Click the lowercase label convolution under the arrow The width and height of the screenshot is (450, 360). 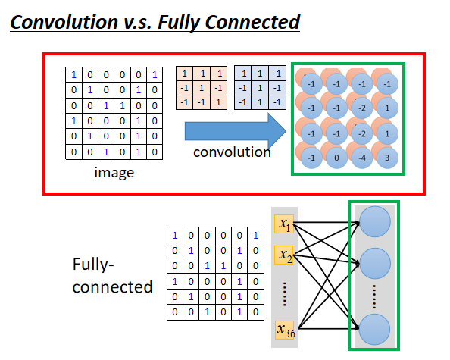click(231, 152)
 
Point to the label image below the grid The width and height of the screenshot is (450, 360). click(114, 172)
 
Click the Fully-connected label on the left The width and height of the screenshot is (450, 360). click(111, 277)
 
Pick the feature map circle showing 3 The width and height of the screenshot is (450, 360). click(389, 158)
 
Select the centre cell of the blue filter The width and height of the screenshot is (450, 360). click(258, 87)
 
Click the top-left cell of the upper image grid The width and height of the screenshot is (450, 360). click(74, 75)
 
